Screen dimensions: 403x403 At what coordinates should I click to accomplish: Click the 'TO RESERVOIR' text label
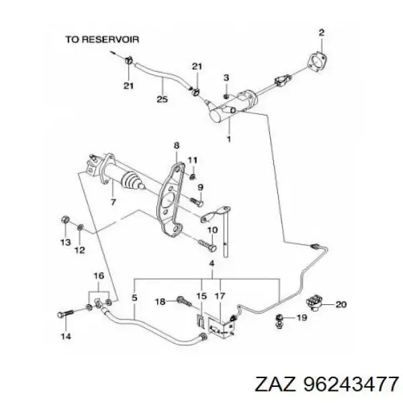pyautogui.click(x=101, y=39)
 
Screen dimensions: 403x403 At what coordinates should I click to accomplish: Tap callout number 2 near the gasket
pyautogui.click(x=321, y=32)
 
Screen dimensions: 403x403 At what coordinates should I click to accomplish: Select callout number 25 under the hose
pyautogui.click(x=162, y=101)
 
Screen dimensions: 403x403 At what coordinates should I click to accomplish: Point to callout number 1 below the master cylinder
pyautogui.click(x=228, y=140)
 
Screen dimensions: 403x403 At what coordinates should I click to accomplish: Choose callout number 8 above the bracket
pyautogui.click(x=176, y=146)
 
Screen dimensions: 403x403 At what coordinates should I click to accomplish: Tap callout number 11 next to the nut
pyautogui.click(x=192, y=159)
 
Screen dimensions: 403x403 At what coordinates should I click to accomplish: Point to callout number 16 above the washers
pyautogui.click(x=98, y=276)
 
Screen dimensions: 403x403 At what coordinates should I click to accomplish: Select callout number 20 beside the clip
pyautogui.click(x=341, y=304)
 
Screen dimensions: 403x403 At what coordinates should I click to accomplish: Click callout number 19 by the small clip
pyautogui.click(x=301, y=317)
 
